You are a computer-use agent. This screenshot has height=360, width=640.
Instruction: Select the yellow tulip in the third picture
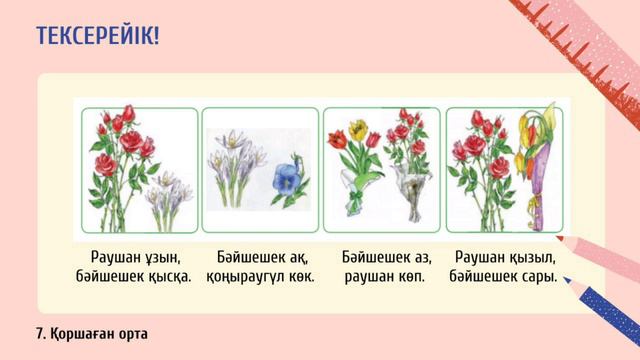pos(357,131)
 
